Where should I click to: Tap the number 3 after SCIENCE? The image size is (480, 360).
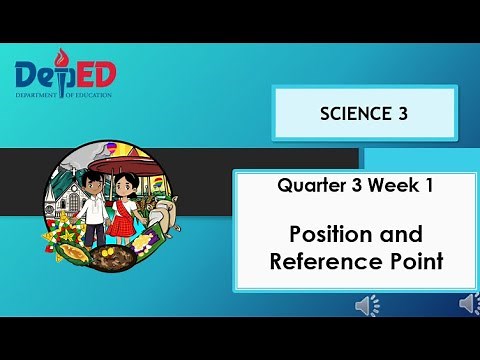coord(403,113)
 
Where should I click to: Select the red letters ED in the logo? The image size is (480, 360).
coord(97,74)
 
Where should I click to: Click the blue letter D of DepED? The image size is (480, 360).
coord(30,74)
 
